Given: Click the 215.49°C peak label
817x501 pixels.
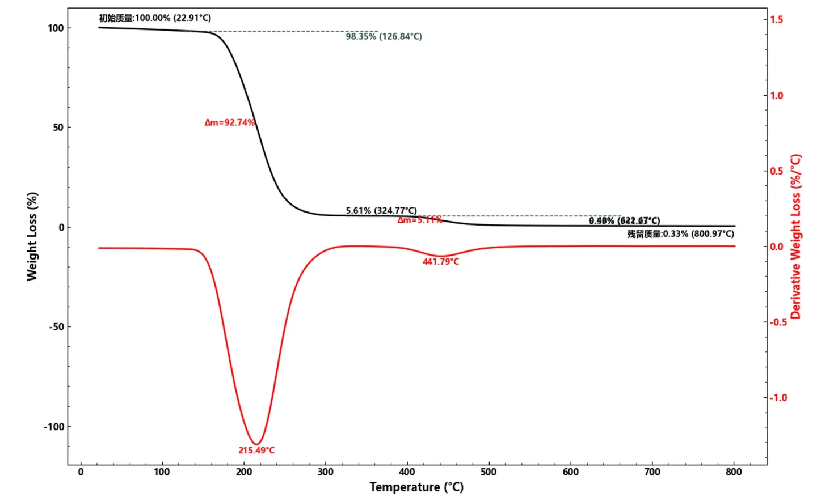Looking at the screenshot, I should point(256,451).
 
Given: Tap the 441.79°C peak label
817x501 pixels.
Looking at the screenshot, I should point(441,261).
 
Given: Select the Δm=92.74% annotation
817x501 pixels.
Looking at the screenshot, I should point(230,122).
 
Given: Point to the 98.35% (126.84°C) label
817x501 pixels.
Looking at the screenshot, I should point(384,36).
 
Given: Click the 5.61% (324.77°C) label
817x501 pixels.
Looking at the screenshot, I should point(381,210).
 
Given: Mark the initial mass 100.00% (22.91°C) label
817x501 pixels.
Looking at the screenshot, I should point(155,18).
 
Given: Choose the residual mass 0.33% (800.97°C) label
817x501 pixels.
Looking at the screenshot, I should point(680,233).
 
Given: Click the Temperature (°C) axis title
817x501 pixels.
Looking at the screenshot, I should point(416,487).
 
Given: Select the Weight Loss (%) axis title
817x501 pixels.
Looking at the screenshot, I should point(32,236).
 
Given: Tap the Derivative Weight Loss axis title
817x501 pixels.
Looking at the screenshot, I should point(795,236).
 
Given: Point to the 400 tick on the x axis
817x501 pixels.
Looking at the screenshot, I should point(407,472).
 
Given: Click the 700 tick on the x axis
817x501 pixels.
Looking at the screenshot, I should point(652,472).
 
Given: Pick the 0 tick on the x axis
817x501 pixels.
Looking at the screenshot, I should point(81,472).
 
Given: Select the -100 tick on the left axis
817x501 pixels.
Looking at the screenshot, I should point(54,427).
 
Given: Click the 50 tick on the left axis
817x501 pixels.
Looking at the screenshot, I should point(58,128).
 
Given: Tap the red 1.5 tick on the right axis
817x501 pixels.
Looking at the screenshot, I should point(777,20).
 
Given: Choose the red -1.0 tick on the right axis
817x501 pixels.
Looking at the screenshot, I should point(778,398).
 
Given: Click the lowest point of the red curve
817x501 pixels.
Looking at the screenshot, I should point(256,444).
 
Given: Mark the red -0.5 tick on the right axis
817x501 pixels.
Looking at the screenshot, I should point(778,322).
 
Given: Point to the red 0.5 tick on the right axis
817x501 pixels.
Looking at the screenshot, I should point(777,171).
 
